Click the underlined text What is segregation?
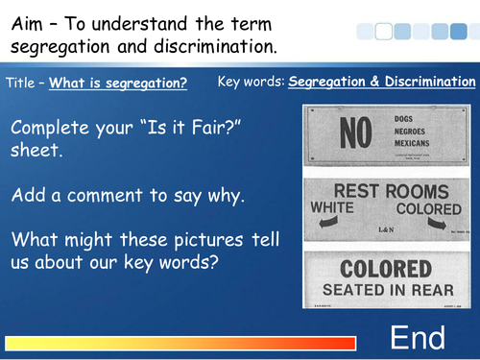click(118, 83)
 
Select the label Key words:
click(251, 82)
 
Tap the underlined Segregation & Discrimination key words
click(382, 82)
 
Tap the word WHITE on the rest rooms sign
click(335, 207)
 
